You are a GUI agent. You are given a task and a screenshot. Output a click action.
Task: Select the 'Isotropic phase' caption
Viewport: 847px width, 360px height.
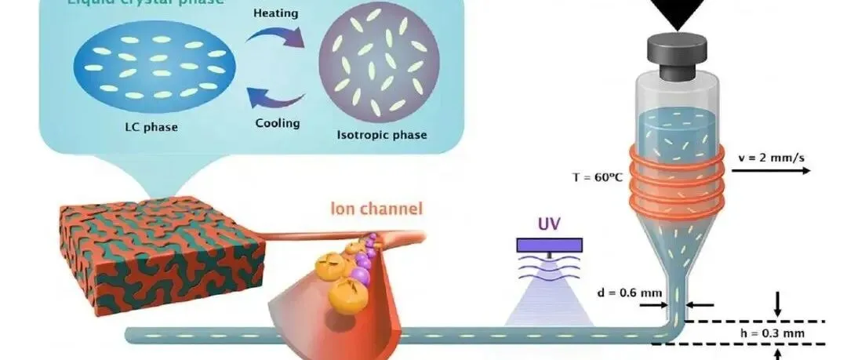click(x=383, y=135)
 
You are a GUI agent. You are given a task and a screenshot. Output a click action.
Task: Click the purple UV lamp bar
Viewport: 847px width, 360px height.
click(x=548, y=245)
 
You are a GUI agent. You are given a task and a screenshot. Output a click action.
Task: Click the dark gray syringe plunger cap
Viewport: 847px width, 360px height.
click(x=677, y=49)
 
